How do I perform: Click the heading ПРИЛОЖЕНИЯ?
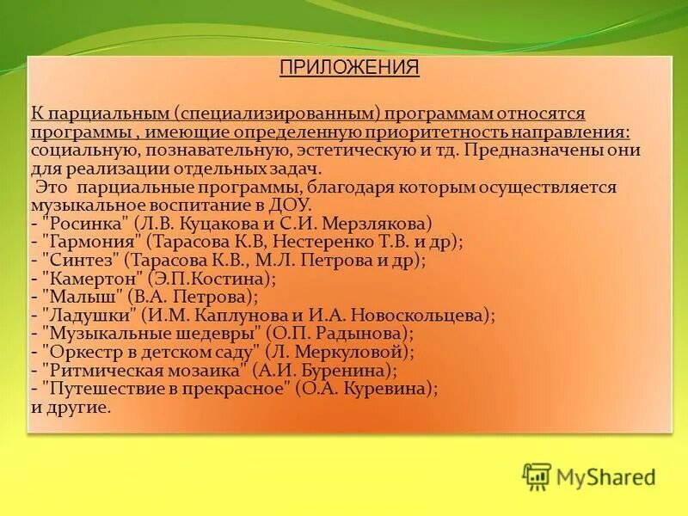pyautogui.click(x=349, y=69)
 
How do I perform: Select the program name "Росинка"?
pyautogui.click(x=84, y=222)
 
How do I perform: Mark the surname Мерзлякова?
pyautogui.click(x=381, y=222)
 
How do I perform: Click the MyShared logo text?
pyautogui.click(x=605, y=476)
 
